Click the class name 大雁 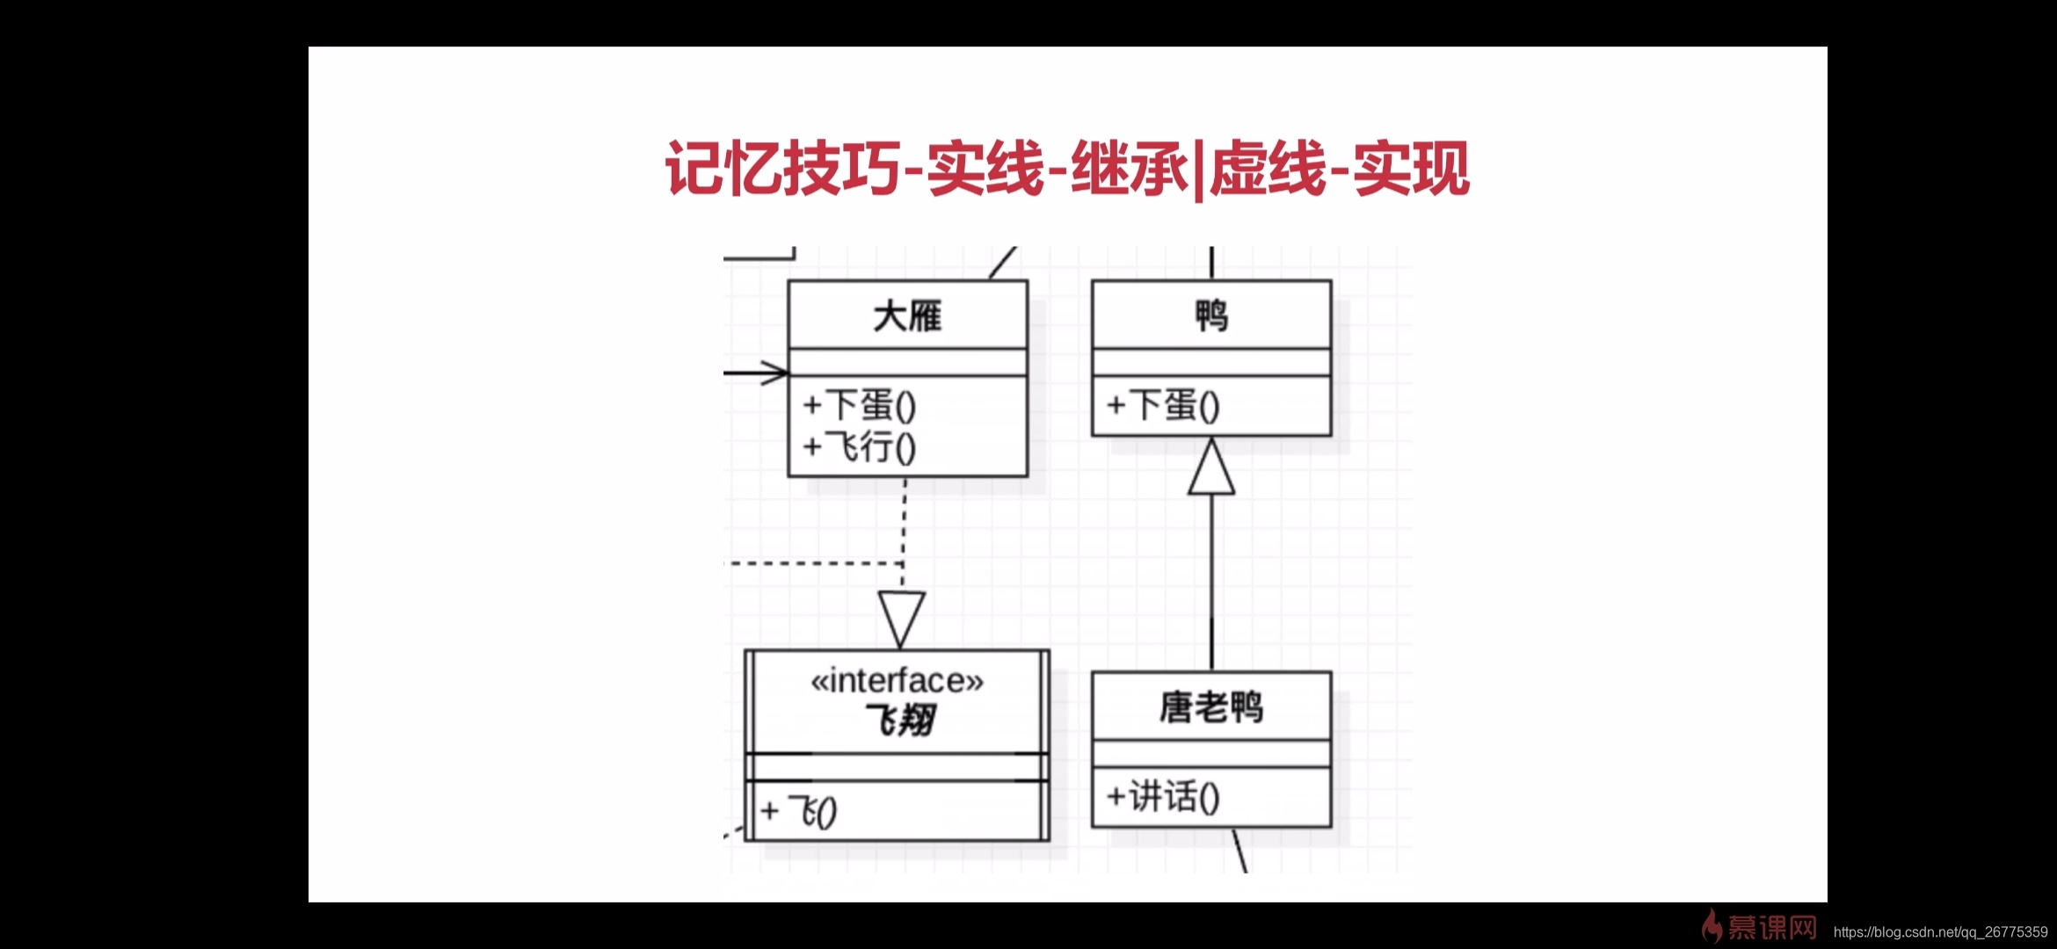(907, 316)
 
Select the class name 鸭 (1211, 315)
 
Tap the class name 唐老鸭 (1211, 707)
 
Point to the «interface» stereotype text (897, 681)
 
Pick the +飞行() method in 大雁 (860, 447)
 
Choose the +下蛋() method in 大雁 (860, 405)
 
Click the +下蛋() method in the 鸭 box (1163, 405)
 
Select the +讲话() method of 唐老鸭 (1163, 797)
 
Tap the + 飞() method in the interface (799, 811)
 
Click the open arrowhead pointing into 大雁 (775, 373)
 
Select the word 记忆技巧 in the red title (782, 168)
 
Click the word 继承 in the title (1129, 168)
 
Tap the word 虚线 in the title (1268, 168)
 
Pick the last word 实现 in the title (1412, 168)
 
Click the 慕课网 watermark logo (1760, 927)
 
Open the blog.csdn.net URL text (1940, 932)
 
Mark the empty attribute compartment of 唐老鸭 (1211, 754)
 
